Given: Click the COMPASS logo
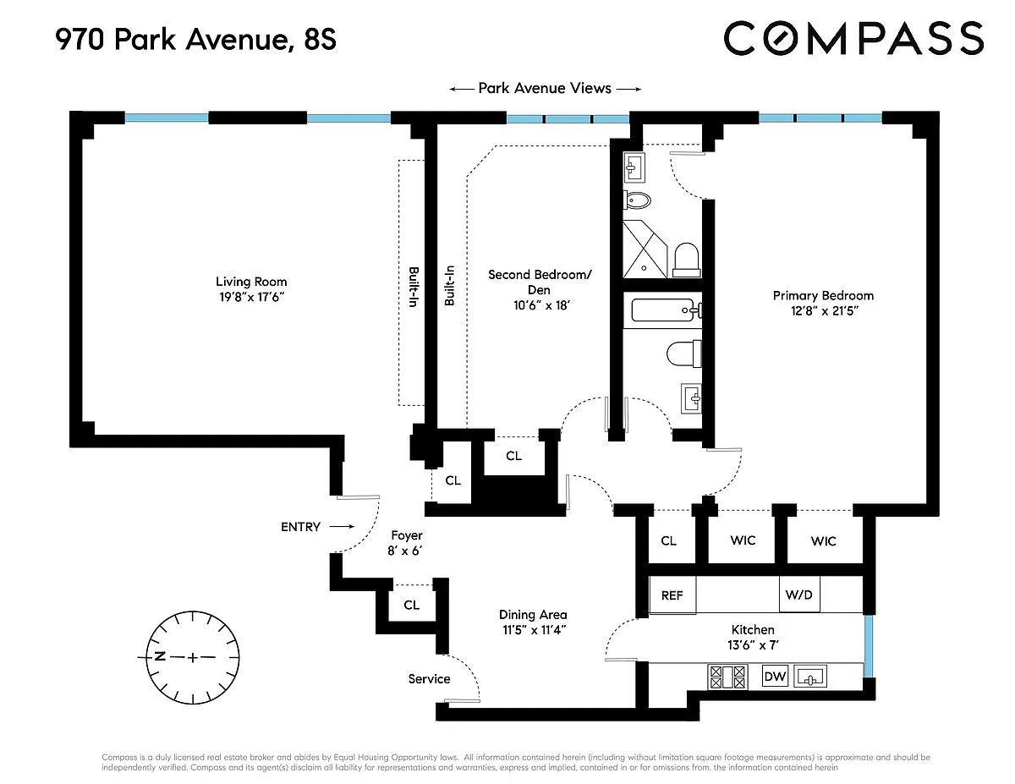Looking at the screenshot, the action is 853,38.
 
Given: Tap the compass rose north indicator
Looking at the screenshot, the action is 160,656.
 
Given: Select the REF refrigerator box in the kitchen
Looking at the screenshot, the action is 672,595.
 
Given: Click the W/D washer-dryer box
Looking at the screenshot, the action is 799,594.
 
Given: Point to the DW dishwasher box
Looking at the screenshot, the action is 775,676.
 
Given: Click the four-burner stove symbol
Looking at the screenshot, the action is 727,677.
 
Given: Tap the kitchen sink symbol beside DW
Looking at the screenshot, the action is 810,676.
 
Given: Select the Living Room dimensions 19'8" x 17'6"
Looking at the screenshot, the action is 252,297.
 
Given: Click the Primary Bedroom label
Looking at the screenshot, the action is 823,295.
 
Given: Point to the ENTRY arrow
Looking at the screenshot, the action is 342,526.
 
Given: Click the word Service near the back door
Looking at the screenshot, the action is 430,678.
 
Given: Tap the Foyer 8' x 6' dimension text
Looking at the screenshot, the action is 404,551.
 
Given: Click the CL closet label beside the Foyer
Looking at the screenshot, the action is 412,605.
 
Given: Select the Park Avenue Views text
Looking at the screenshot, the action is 545,88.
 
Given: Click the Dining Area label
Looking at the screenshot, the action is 533,615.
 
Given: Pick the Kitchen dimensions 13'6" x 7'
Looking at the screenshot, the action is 753,644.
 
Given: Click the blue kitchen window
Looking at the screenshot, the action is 868,646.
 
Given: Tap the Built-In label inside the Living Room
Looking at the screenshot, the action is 414,287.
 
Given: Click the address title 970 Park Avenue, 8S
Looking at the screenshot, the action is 195,39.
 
